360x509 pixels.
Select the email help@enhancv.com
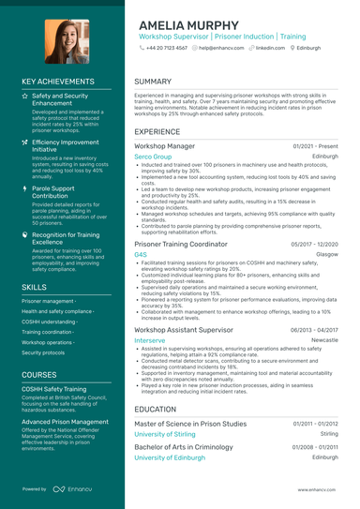[x=220, y=47]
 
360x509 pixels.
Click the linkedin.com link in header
[x=270, y=47]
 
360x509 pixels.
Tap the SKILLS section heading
[x=34, y=286]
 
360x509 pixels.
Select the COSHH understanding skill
[x=50, y=322]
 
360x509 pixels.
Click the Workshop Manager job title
[x=165, y=146]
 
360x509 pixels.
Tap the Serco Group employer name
[x=153, y=157]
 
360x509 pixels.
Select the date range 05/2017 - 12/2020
[x=315, y=244]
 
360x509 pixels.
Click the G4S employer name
[x=141, y=254]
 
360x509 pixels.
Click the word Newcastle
[x=322, y=340]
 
